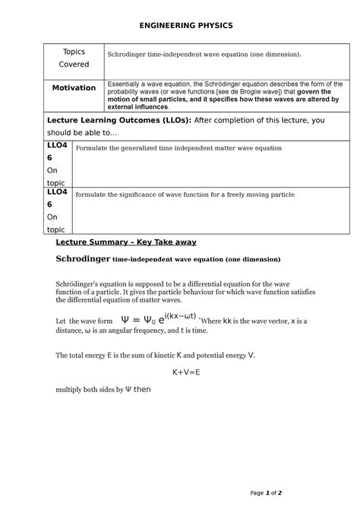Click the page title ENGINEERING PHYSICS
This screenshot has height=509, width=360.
point(179,25)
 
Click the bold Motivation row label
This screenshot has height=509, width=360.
point(74,87)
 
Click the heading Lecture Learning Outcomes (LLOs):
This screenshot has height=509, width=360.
point(106,120)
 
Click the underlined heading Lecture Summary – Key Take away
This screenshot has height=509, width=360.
point(126,242)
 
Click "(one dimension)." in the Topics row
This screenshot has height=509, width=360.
point(271,55)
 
